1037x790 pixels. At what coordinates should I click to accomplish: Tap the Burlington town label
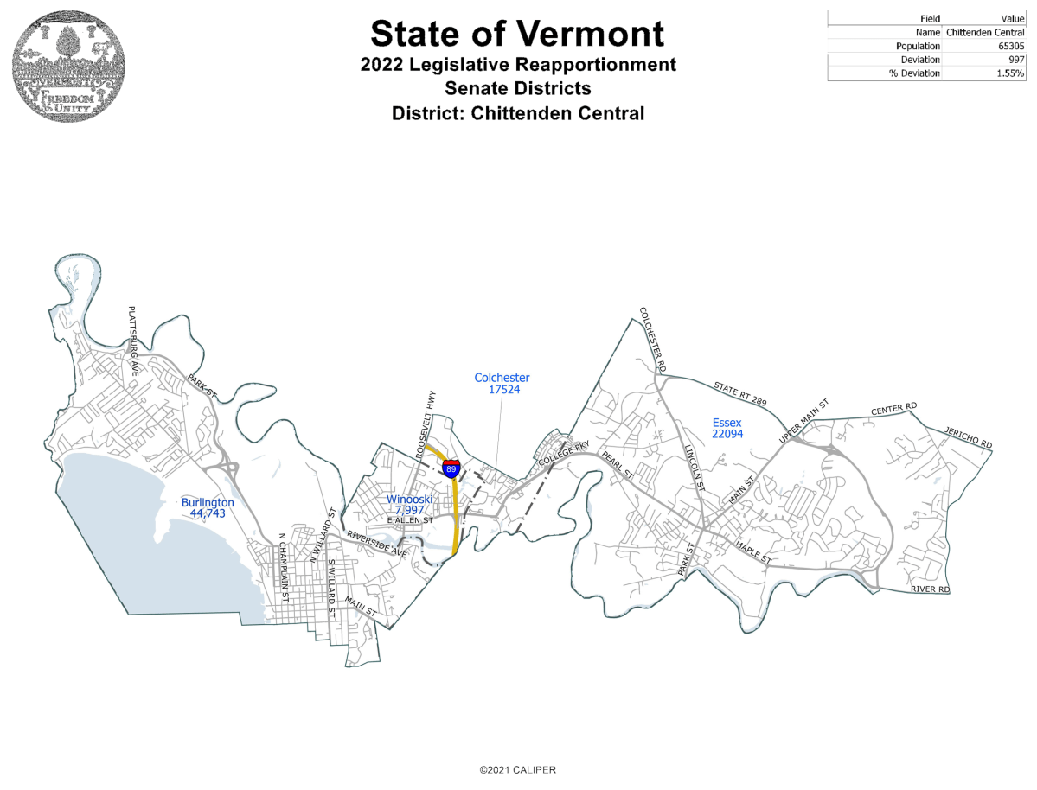(x=208, y=507)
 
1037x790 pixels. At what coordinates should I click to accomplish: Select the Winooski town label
(x=409, y=505)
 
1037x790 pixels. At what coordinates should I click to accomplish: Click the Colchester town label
(x=502, y=384)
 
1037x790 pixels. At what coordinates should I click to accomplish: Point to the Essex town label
(x=727, y=428)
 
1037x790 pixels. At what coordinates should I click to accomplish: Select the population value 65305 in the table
(x=1009, y=46)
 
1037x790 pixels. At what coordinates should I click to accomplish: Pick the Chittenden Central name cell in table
(x=985, y=32)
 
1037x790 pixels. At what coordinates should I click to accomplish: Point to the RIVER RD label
(x=930, y=589)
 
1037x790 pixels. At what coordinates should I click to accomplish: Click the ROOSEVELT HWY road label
(x=425, y=423)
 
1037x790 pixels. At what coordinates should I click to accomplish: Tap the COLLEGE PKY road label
(x=564, y=456)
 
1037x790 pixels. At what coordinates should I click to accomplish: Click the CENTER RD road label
(x=893, y=408)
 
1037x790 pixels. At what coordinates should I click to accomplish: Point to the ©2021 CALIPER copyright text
(x=518, y=769)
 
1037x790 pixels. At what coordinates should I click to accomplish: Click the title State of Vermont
(x=517, y=33)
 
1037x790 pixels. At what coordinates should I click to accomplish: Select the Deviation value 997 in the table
(x=1015, y=60)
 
